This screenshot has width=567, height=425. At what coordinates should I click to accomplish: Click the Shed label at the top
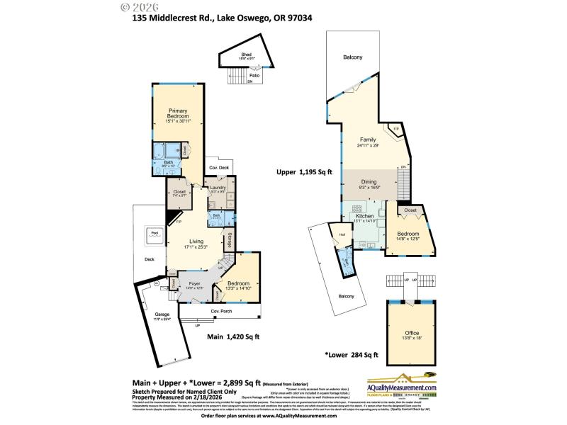[246, 55]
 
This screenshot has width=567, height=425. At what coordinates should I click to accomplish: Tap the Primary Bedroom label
[178, 113]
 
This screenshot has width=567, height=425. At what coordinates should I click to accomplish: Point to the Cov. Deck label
[218, 167]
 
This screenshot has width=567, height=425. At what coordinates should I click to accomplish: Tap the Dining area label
[368, 182]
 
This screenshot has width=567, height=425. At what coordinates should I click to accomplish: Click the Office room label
[412, 332]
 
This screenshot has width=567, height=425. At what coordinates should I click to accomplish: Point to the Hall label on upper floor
[342, 234]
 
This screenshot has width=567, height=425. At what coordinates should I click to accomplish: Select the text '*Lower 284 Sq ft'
[352, 355]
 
